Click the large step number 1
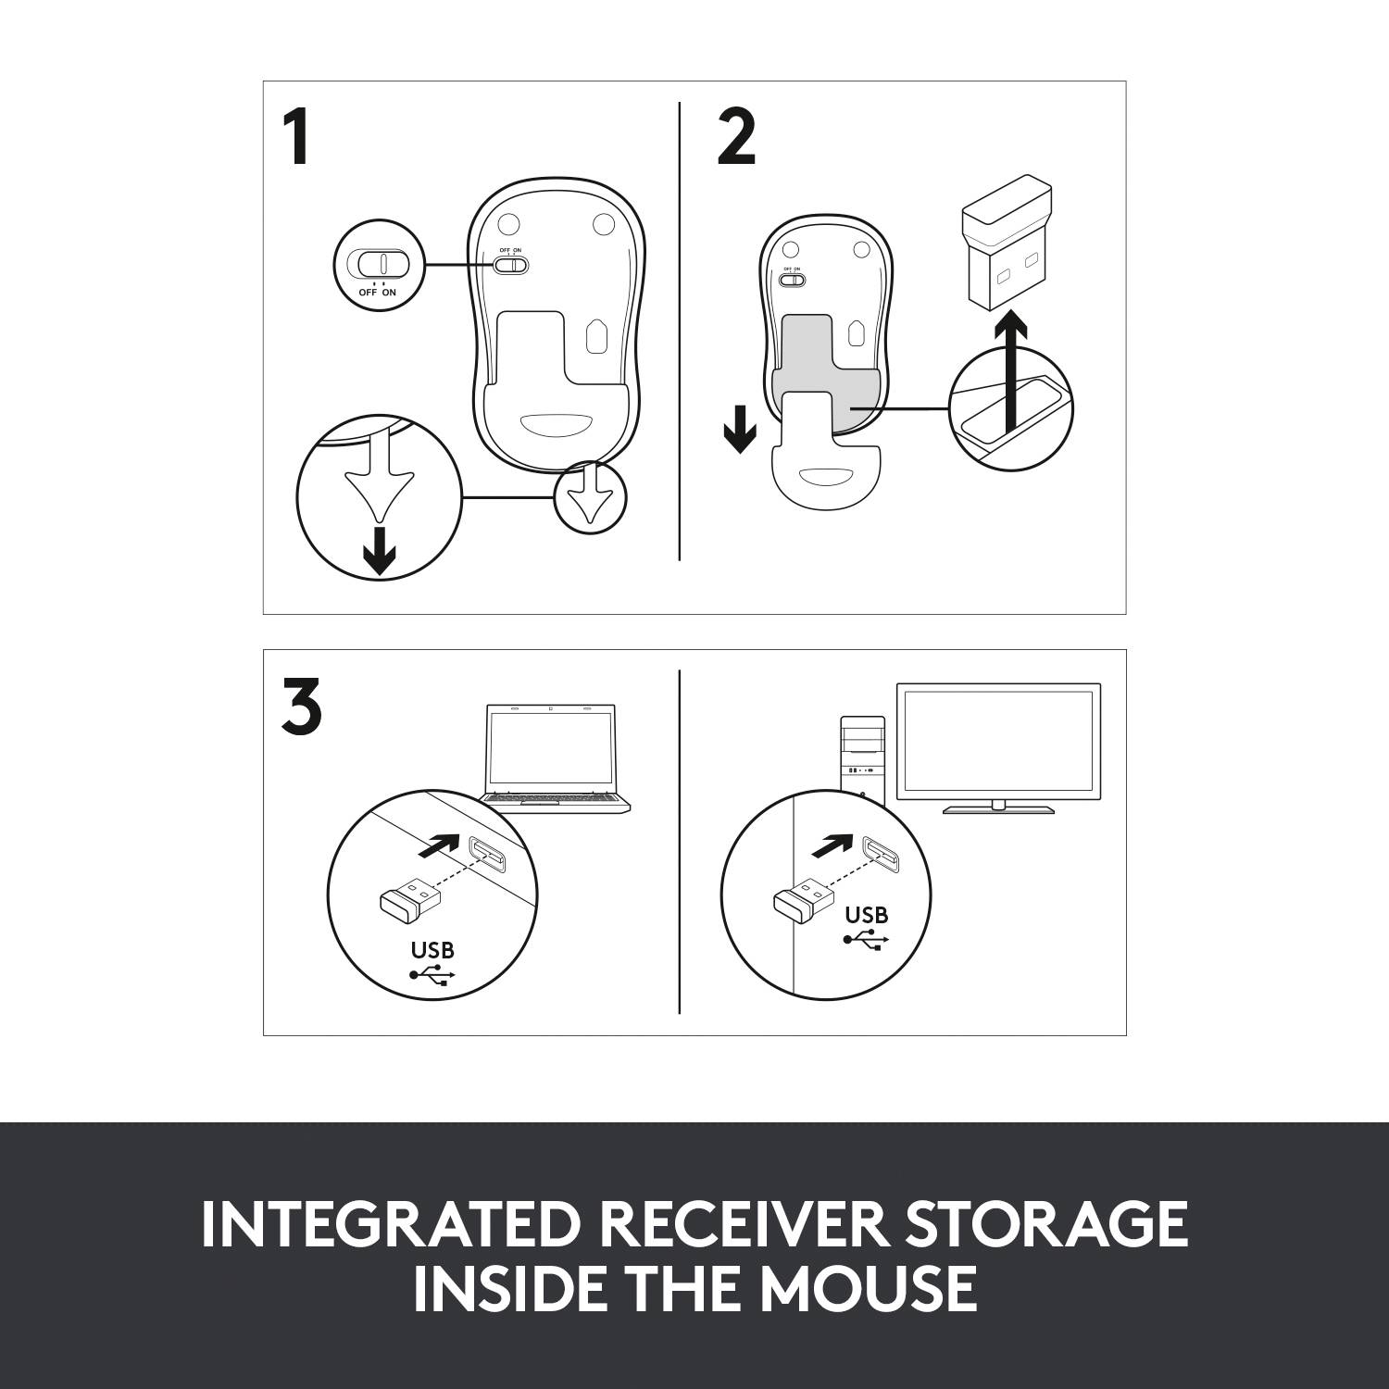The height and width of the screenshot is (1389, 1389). pos(296,138)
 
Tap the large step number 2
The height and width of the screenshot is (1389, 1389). pos(736,138)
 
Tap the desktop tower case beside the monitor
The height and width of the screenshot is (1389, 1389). pos(862,755)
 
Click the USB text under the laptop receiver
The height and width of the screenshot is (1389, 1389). pos(432,950)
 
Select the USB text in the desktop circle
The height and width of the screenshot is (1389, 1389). pos(866,915)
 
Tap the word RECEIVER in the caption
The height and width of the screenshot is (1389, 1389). pos(751,1224)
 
